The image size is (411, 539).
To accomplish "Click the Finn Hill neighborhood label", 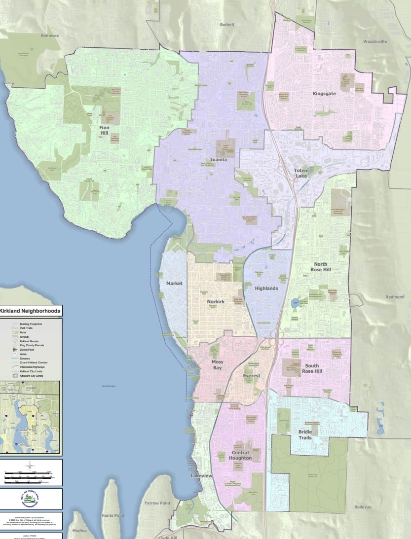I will coord(104,130).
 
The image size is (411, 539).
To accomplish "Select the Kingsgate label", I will coord(325,93).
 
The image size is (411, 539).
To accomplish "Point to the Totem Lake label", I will coord(301,174).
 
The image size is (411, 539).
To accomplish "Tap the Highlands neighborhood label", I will coord(266,288).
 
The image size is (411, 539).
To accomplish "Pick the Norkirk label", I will coord(216,301).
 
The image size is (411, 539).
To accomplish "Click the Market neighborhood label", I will coord(175,284).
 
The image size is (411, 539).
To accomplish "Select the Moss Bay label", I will coord(218,365).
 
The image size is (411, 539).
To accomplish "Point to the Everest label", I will coord(251,376).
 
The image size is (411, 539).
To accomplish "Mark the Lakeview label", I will coord(201,476).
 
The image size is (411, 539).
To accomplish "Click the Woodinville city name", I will coord(376,42).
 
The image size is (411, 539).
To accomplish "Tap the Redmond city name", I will coord(395,297).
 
